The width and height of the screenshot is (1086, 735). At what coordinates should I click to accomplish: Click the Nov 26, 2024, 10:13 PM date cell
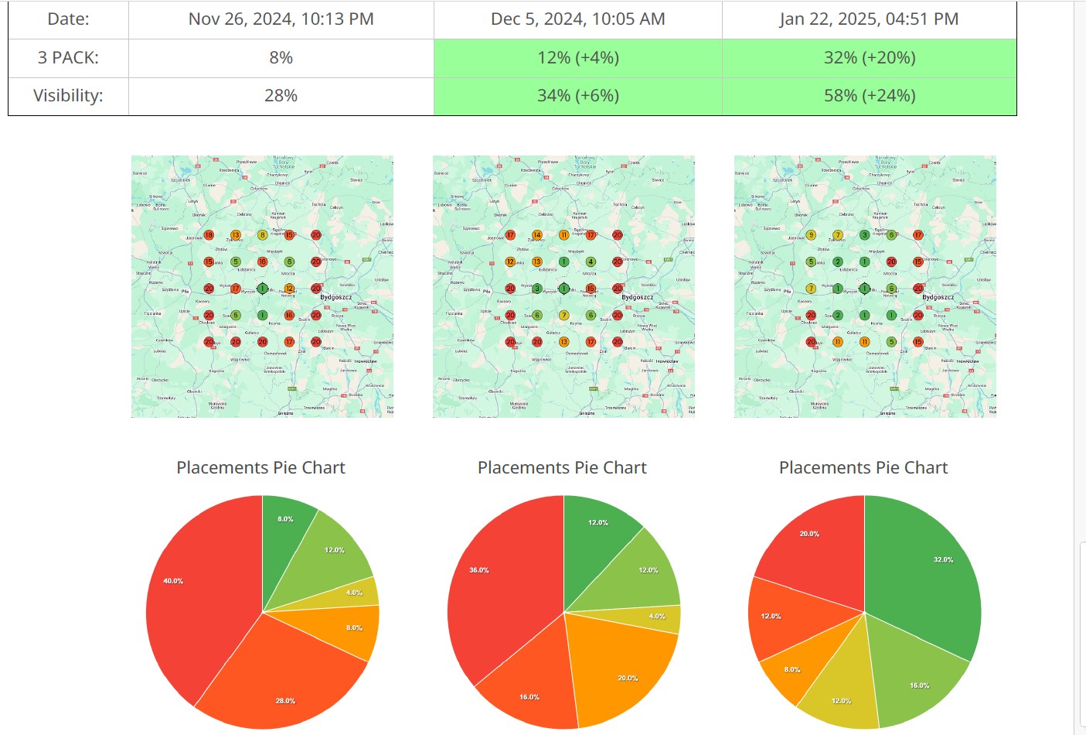pos(281,19)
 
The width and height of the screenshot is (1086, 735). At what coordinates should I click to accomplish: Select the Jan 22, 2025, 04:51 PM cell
pos(869,19)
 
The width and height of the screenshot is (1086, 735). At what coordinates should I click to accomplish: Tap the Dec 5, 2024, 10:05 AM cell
pos(577,19)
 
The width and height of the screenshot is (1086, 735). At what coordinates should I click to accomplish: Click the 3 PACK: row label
pos(68,58)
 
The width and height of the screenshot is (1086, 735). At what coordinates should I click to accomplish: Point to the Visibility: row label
pos(68,96)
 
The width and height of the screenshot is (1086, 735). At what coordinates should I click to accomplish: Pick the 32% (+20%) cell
pos(869,58)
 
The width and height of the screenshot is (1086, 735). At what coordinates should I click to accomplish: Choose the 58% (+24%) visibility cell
pos(869,96)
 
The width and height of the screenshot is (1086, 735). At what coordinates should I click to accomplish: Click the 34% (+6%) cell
pos(577,96)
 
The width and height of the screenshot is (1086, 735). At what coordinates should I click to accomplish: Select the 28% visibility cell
pos(281,96)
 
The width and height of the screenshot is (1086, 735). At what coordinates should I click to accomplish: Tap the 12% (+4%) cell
pos(577,58)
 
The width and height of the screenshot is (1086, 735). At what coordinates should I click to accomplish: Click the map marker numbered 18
pos(209,235)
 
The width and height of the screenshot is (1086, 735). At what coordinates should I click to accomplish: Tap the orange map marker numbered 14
pos(537,235)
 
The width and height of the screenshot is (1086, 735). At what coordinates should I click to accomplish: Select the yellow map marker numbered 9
pos(811,235)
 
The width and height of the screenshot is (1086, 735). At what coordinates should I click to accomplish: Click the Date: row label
pos(68,19)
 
